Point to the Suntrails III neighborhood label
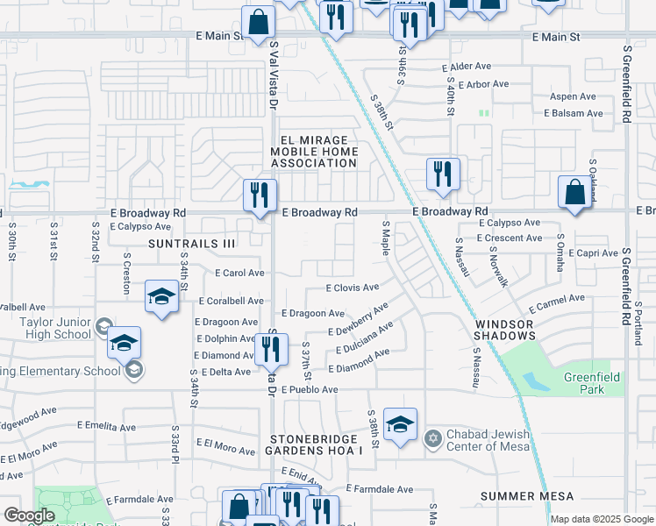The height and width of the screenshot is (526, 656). (192, 243)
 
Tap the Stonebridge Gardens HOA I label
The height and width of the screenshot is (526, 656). (314, 444)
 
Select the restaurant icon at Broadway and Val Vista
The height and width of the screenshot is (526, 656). (260, 196)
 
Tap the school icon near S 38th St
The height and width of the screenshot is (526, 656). (400, 426)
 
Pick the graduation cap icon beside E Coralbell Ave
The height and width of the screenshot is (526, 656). (162, 297)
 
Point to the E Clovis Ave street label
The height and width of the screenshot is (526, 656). (352, 287)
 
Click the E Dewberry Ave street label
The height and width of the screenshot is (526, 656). (358, 319)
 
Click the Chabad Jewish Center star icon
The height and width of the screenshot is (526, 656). (431, 437)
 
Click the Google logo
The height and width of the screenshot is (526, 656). (29, 515)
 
